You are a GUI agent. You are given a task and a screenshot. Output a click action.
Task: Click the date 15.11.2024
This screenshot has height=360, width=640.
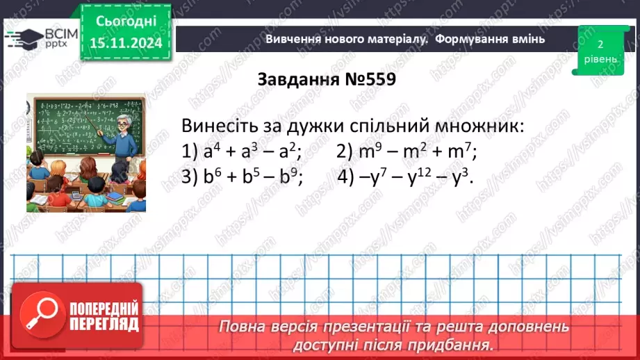pos(125,43)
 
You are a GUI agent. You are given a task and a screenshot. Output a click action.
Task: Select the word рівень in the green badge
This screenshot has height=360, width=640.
pos(599,59)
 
